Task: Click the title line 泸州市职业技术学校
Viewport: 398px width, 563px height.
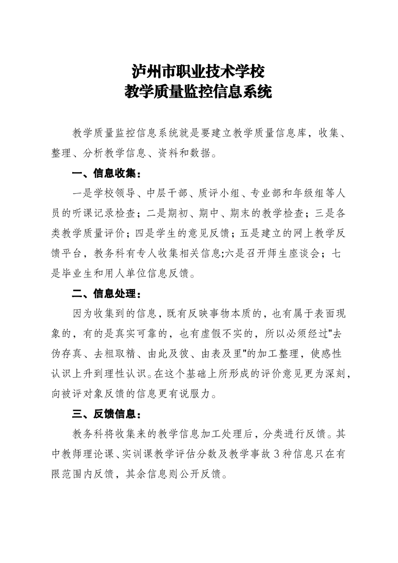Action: pyautogui.click(x=199, y=71)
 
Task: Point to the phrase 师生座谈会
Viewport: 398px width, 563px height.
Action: pyautogui.click(x=296, y=254)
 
